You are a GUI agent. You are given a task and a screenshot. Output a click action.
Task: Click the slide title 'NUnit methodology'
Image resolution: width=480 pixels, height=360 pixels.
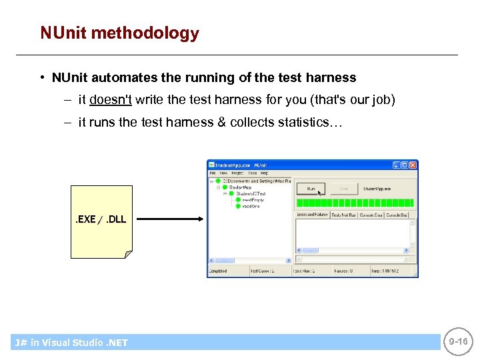click(x=119, y=33)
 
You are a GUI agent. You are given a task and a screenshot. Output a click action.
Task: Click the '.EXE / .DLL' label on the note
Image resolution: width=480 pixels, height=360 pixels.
click(x=99, y=219)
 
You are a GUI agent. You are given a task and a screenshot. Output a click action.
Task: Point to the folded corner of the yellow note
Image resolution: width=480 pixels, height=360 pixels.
click(x=128, y=254)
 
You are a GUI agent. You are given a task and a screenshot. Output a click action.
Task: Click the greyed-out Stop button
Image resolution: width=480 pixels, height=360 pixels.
click(x=343, y=189)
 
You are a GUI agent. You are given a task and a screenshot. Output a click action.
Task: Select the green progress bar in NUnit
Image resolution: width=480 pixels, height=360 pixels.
click(x=355, y=203)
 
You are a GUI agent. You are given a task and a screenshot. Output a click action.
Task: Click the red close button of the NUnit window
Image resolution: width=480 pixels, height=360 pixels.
click(x=413, y=165)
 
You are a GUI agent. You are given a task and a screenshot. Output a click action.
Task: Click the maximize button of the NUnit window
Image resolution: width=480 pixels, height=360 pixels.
click(x=404, y=165)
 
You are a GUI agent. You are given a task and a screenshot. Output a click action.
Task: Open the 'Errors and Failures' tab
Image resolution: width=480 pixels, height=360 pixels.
click(x=311, y=215)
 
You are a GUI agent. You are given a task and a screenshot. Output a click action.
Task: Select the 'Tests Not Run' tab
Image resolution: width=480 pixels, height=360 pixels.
click(x=343, y=215)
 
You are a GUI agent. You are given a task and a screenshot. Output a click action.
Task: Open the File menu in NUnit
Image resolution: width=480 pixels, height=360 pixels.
click(x=213, y=172)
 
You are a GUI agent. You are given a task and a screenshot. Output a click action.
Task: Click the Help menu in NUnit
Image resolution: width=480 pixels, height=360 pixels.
click(x=264, y=172)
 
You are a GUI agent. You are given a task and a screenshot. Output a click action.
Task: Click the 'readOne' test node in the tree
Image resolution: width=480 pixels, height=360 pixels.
click(x=251, y=206)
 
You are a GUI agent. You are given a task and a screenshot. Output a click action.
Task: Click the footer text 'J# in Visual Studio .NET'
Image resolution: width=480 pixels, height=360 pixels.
click(x=71, y=343)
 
